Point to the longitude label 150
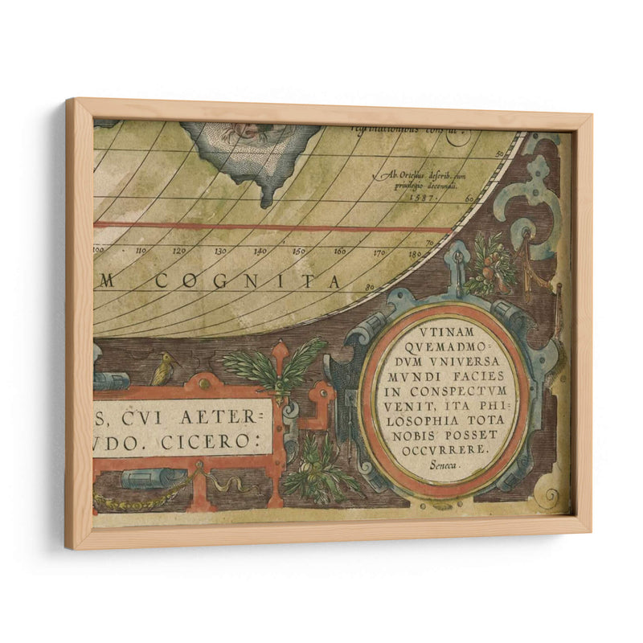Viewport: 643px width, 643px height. click(299, 252)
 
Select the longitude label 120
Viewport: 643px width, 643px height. click(181, 251)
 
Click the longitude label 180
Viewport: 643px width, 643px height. click(416, 255)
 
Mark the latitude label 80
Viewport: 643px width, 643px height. click(371, 286)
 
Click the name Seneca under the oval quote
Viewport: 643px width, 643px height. click(443, 465)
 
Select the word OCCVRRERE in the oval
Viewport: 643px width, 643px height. click(444, 450)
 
